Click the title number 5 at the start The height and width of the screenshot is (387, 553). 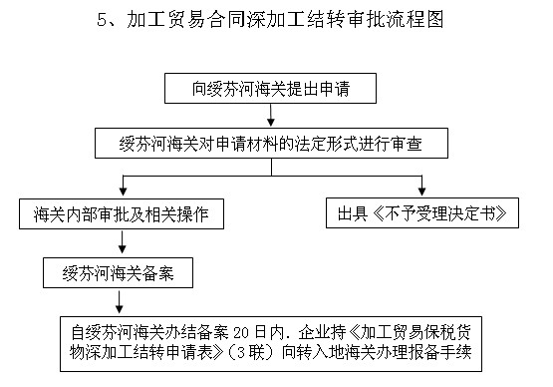coord(103,19)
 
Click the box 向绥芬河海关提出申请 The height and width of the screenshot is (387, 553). coord(270,89)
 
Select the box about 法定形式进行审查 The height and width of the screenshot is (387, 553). coord(270,144)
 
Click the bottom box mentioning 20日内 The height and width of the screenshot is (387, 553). coord(271,341)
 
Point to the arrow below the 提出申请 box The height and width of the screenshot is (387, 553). coord(270,115)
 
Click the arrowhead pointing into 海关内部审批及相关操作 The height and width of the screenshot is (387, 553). coord(122,193)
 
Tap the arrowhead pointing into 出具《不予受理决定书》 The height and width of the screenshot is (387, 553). coord(423,193)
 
